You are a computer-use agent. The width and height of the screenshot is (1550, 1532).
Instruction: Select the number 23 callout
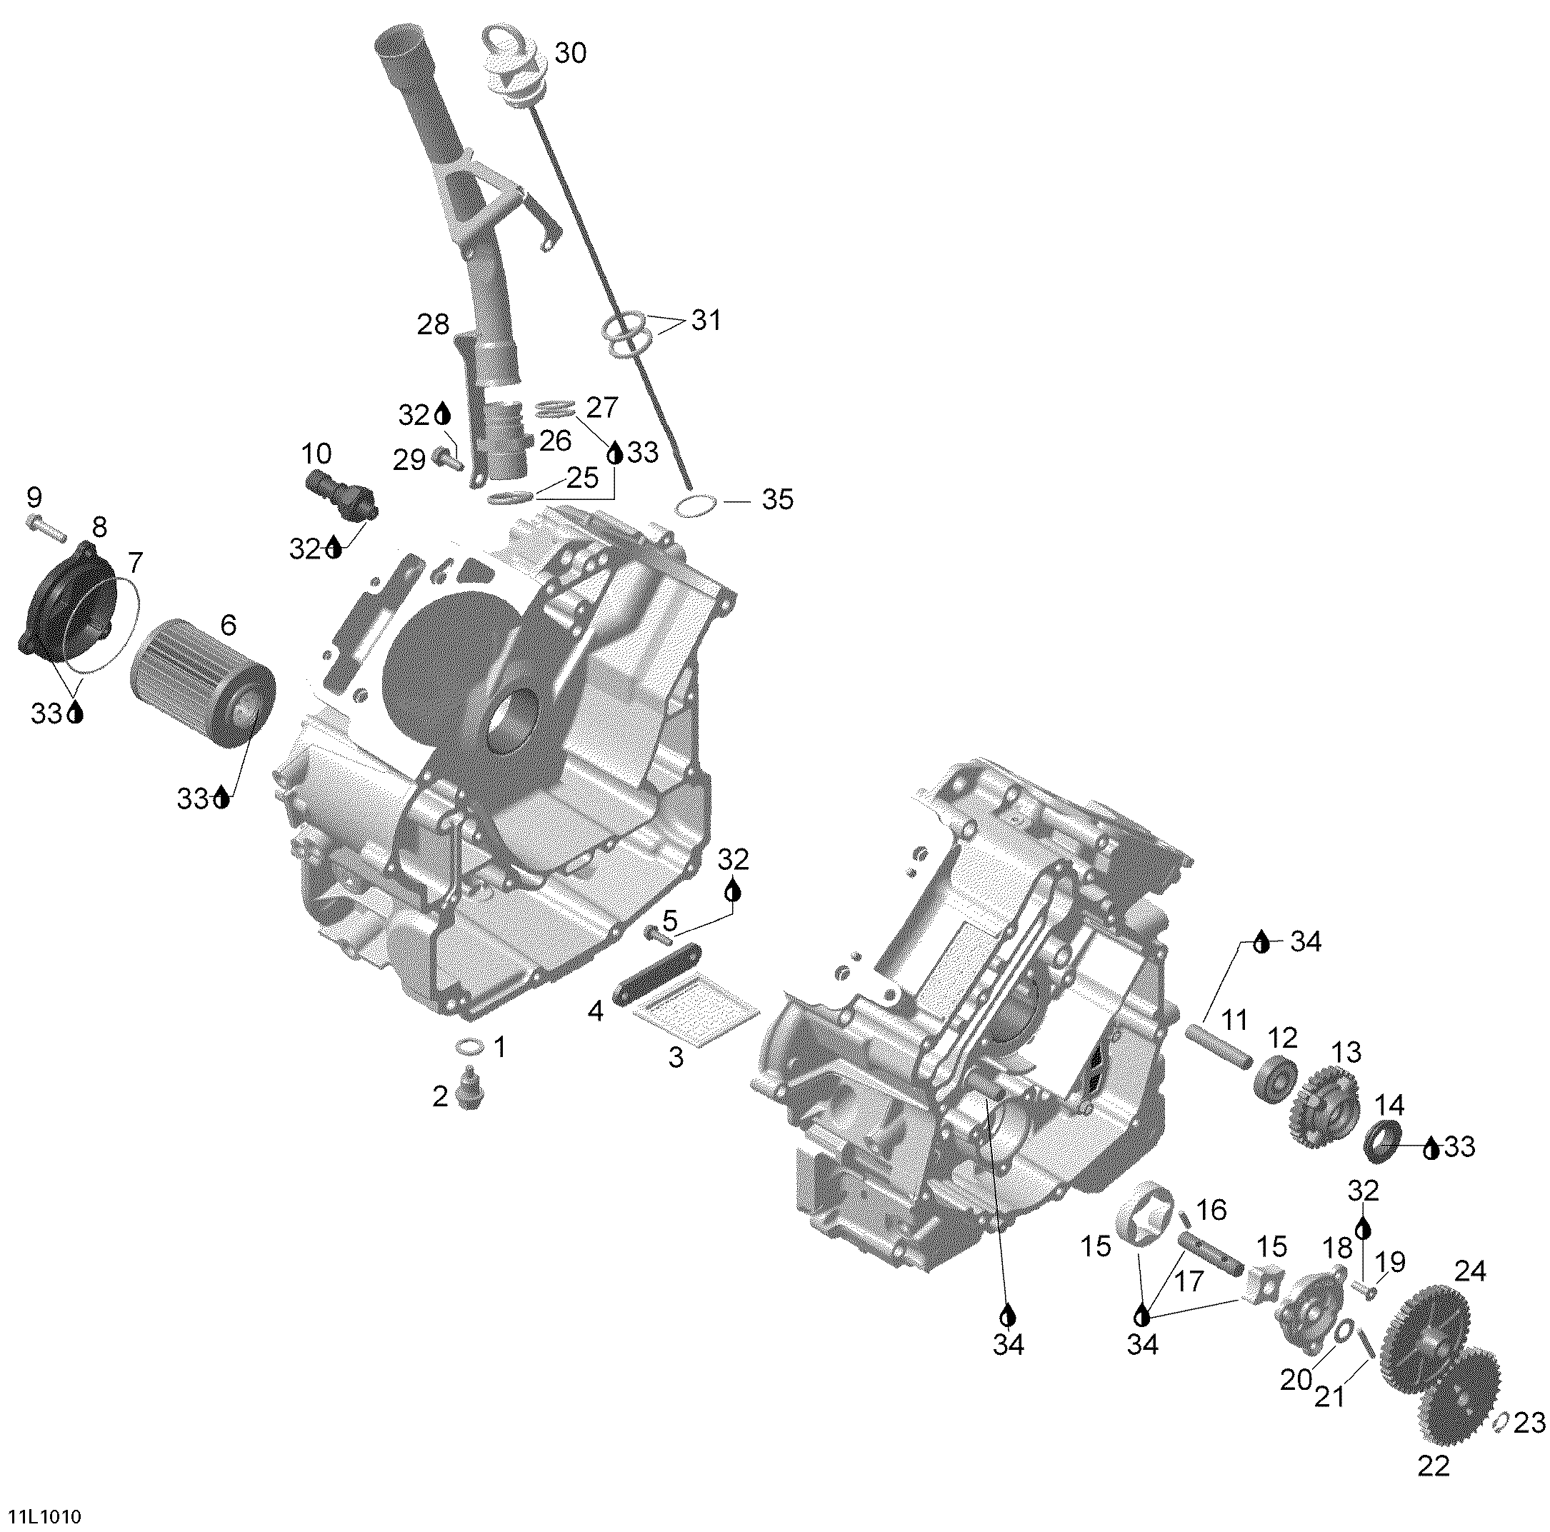pos(1529,1423)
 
